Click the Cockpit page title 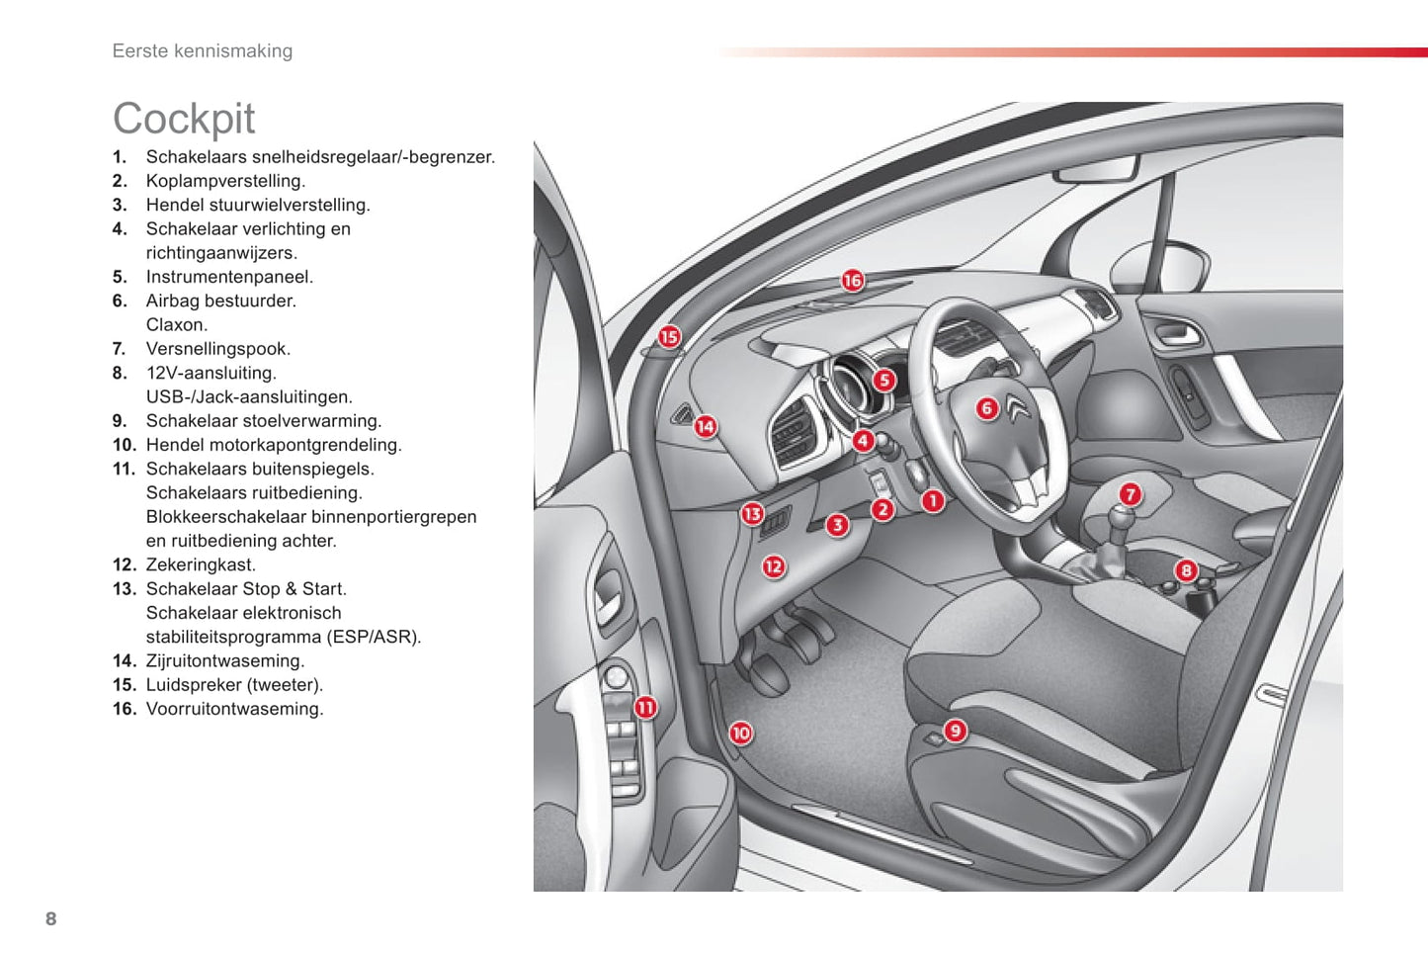click(184, 120)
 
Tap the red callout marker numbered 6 click(986, 408)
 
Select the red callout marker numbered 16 click(852, 281)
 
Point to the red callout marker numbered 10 click(740, 733)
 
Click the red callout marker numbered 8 click(1186, 570)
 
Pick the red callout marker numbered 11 click(645, 707)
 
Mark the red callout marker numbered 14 click(705, 427)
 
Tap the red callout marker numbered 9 click(955, 731)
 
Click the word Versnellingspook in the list click(217, 349)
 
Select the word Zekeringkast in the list click(200, 565)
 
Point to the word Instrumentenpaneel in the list click(228, 277)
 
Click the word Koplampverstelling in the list click(225, 181)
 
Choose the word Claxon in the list click(176, 325)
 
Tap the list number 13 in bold click(124, 589)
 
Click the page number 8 click(51, 919)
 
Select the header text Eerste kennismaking click(203, 51)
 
